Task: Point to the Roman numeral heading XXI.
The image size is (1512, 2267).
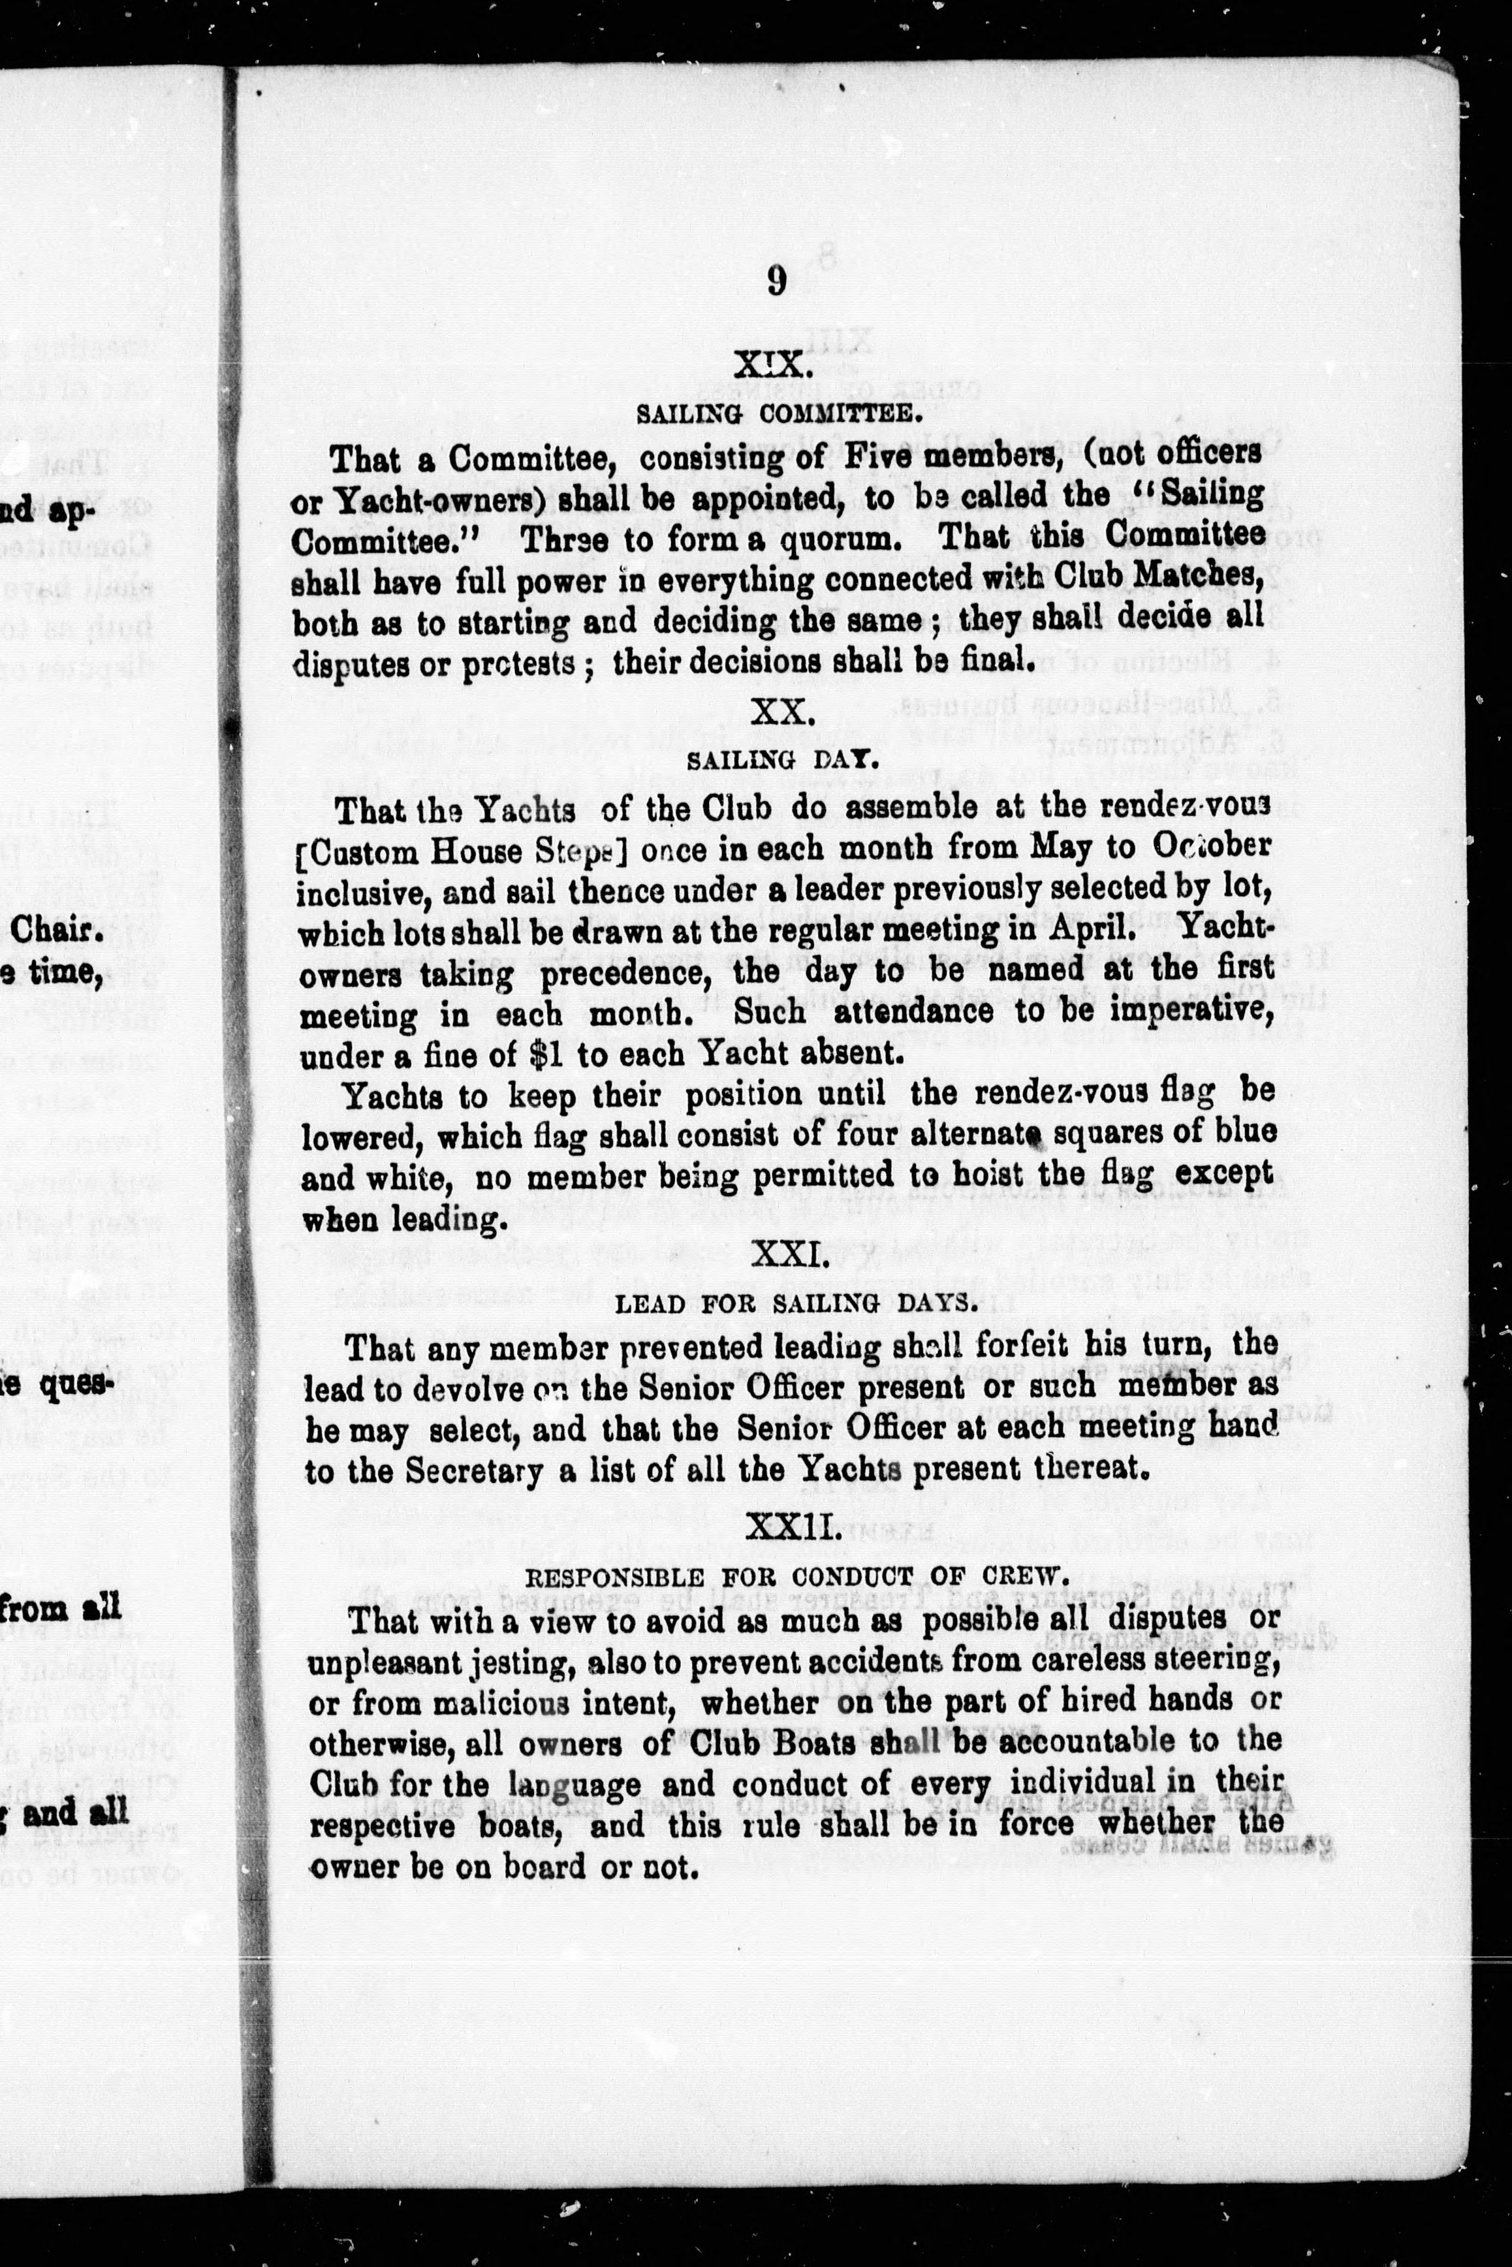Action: (787, 1256)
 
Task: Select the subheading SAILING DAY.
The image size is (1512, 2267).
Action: (782, 760)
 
